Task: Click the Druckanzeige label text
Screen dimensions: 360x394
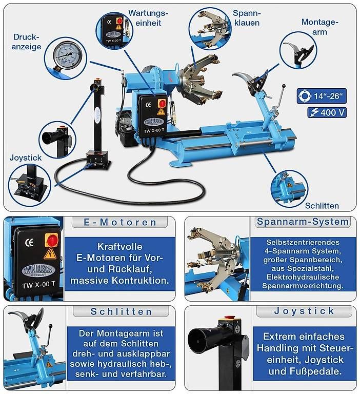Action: point(26,42)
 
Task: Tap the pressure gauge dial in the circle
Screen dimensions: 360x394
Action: point(65,55)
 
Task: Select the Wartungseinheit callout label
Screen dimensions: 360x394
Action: point(148,18)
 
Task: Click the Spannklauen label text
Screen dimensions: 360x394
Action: point(247,18)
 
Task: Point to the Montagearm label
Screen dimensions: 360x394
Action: point(319,27)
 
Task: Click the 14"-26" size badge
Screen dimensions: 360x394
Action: point(322,96)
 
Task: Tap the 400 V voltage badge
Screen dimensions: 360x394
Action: point(327,112)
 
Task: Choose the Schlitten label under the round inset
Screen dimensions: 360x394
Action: point(322,206)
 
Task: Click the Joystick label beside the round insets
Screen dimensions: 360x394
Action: point(25,158)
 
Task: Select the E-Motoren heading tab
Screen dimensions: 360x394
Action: point(120,222)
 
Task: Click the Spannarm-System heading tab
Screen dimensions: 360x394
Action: point(303,222)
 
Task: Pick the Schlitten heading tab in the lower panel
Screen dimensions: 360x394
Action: point(121,311)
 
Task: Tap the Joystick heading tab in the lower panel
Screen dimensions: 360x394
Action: point(304,311)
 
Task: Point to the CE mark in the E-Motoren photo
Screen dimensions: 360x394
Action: point(29,243)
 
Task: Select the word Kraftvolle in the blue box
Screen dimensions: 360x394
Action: point(119,246)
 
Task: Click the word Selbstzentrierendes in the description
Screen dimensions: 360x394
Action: point(303,242)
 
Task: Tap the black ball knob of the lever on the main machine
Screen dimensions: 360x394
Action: point(284,86)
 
